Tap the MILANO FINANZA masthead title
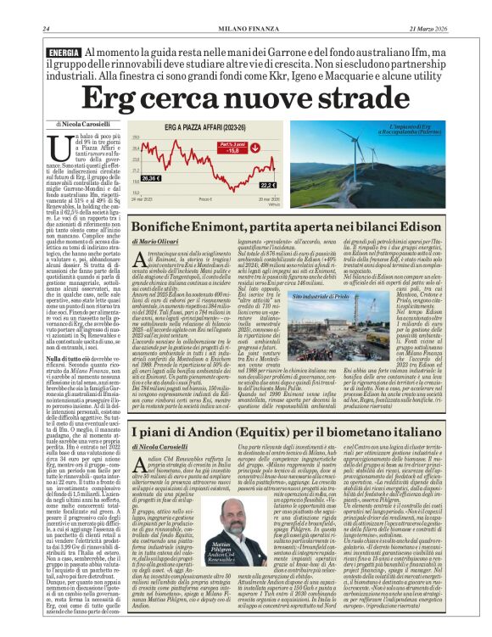[x=246, y=7]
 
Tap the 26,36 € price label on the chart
[x=151, y=179]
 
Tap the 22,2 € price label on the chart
[x=267, y=184]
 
